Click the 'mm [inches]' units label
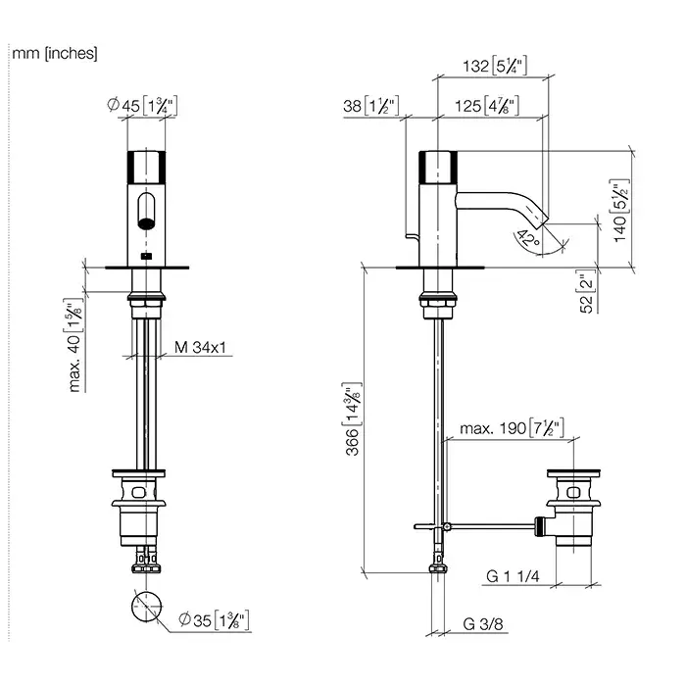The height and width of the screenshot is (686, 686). pos(55,54)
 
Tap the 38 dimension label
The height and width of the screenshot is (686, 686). pos(369,106)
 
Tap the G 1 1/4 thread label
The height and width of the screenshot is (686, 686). pos(514,575)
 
